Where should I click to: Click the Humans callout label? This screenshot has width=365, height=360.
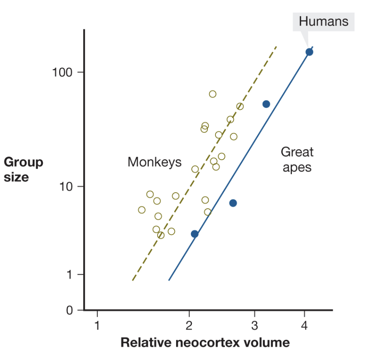point(324,22)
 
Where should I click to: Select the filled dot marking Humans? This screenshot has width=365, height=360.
point(309,52)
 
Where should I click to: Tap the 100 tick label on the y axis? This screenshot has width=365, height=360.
point(62,72)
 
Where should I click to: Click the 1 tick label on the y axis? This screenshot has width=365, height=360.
point(70,275)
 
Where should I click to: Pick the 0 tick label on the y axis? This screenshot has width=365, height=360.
point(70,311)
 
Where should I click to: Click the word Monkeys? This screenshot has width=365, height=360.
point(155,162)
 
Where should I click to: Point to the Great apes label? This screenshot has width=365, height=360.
point(297,159)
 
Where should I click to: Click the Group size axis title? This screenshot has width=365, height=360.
point(23,169)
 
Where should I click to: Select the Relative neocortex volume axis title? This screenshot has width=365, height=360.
point(205,342)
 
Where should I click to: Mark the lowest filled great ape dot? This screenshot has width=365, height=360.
point(195,234)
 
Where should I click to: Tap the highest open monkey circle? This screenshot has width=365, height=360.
point(212,94)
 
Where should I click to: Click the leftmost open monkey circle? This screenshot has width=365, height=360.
point(142,210)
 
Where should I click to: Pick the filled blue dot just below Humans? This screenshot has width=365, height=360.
point(266,104)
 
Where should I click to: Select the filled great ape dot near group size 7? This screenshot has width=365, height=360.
point(233,203)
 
